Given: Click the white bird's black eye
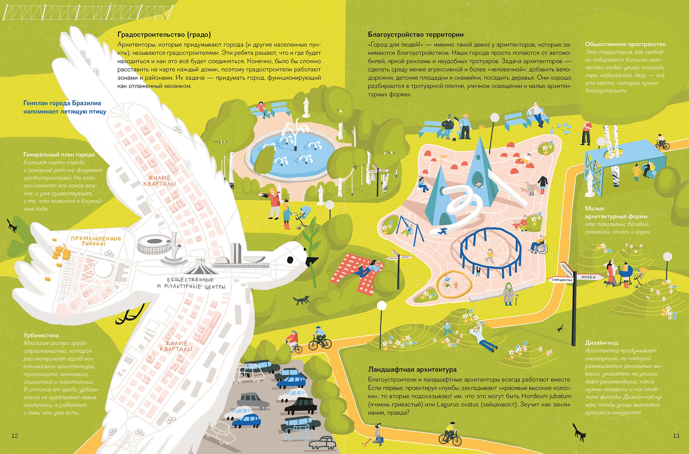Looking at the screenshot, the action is point(290,260).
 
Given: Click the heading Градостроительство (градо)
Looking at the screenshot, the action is point(164,34).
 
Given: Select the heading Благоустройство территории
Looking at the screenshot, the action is point(416,34).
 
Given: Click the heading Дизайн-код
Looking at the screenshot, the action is point(601,343).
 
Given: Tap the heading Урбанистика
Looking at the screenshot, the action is point(41,335).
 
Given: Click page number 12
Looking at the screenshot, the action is point(14,435).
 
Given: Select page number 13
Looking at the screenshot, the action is point(676,435).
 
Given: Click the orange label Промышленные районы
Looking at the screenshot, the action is point(96,241).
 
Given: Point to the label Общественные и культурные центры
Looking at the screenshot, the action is point(191,283).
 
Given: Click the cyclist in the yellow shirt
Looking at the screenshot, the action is point(450,433).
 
